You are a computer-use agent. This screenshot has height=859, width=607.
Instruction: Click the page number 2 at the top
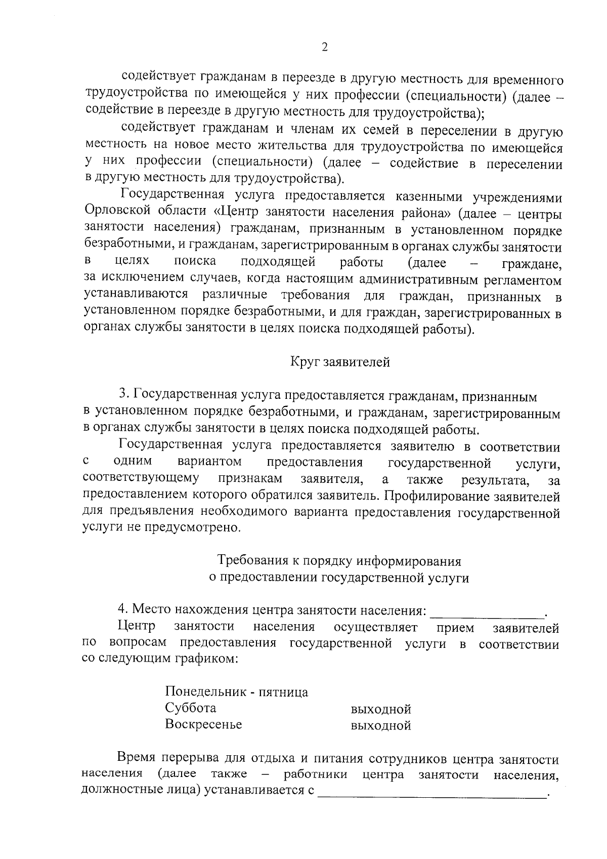tap(325, 47)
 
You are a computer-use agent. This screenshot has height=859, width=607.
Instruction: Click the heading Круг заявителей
tap(340, 362)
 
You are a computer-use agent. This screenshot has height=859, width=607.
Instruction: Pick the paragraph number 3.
tap(122, 395)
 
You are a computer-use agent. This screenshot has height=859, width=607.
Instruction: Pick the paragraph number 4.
tap(121, 610)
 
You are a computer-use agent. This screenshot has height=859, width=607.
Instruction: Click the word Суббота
tap(190, 708)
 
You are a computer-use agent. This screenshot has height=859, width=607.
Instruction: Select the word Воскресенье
tap(203, 724)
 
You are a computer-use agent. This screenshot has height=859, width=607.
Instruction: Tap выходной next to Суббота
tap(380, 709)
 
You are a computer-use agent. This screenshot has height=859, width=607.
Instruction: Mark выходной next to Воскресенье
tap(380, 726)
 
